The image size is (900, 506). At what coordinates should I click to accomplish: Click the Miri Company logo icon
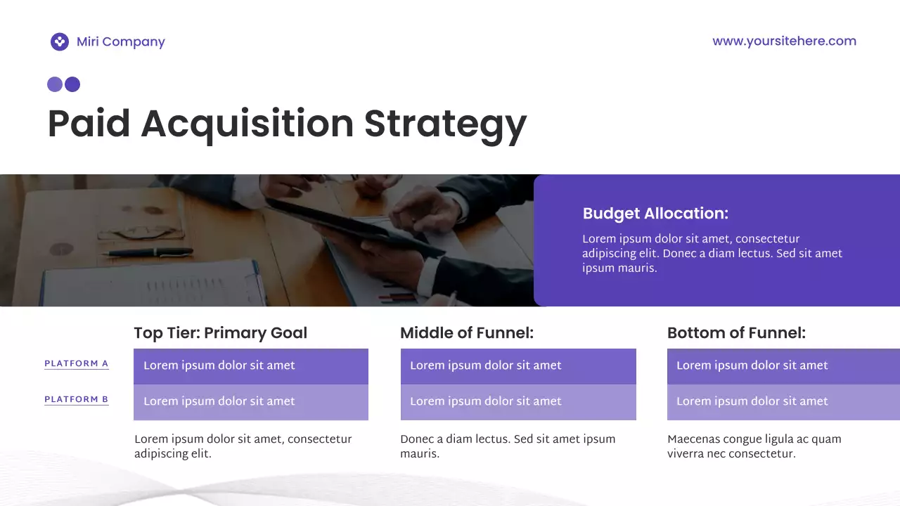[x=60, y=42]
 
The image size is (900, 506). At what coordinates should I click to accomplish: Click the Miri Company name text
[x=120, y=42]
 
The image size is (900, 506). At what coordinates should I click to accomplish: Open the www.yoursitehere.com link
[x=784, y=41]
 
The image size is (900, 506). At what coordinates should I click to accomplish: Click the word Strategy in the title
[x=445, y=124]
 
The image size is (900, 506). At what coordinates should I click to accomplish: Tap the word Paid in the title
[x=89, y=124]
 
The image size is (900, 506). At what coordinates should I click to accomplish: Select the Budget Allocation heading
[x=655, y=214]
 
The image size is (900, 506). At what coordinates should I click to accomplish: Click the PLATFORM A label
[x=76, y=364]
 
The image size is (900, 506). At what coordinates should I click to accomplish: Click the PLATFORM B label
[x=76, y=400]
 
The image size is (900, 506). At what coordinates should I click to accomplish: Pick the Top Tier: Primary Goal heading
[x=220, y=333]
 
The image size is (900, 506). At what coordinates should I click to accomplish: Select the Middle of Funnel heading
[x=467, y=333]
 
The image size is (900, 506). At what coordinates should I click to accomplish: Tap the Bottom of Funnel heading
[x=736, y=333]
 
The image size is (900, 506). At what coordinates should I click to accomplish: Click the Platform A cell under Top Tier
[x=250, y=366]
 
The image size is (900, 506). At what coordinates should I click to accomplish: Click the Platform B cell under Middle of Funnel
[x=517, y=402]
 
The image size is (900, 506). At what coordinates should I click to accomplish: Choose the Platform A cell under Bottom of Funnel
[x=783, y=366]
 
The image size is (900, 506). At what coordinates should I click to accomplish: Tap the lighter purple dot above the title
[x=55, y=85]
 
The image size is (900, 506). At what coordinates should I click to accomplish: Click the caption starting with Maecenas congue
[x=754, y=446]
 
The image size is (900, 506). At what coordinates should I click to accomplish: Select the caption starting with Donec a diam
[x=507, y=446]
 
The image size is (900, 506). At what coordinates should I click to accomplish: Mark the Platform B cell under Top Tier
[x=250, y=402]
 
